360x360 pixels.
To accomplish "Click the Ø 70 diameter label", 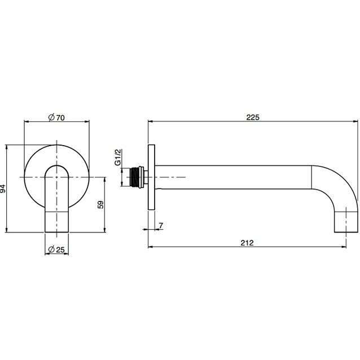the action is pos(56,117).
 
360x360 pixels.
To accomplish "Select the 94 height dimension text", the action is pos(3,188).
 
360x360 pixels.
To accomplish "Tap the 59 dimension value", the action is pos(100,204).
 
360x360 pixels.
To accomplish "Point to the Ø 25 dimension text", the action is pos(56,249).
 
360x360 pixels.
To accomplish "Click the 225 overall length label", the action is pos(253,117).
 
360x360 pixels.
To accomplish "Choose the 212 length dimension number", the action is pos(247,243).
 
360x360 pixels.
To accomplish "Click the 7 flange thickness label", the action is pos(161,226).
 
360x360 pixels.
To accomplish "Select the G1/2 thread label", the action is pos(117,157).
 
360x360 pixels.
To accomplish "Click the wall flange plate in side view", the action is pos(152,177).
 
